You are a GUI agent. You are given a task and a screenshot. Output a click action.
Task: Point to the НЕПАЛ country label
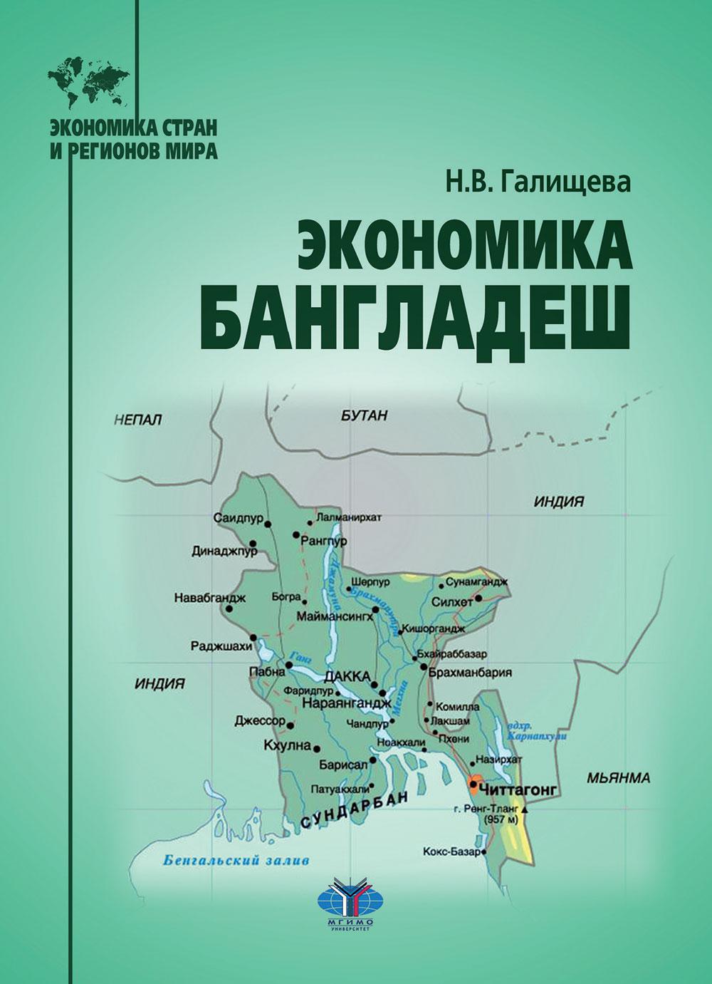[138, 420]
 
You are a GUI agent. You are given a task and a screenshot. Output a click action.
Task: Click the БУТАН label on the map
[363, 416]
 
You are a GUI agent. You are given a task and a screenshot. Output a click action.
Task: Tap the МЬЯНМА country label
[618, 778]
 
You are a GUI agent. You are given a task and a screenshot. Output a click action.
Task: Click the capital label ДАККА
[347, 676]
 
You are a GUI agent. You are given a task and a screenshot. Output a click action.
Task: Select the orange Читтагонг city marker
[476, 787]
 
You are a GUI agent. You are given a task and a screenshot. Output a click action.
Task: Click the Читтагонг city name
[518, 790]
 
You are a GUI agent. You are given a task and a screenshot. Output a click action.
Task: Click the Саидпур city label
[238, 517]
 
